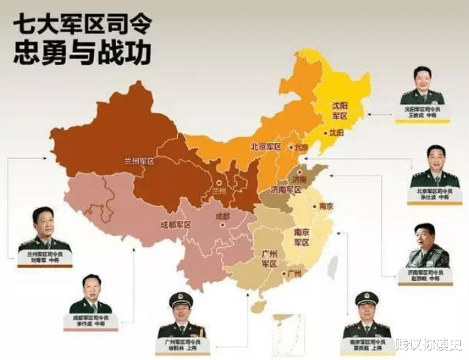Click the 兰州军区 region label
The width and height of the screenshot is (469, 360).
[139, 161]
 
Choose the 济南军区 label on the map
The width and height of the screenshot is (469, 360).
[284, 190]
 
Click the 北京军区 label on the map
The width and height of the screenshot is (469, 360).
[265, 146]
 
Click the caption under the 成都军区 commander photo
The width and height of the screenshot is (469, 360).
[91, 320]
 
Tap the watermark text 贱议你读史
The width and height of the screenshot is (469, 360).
[427, 344]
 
